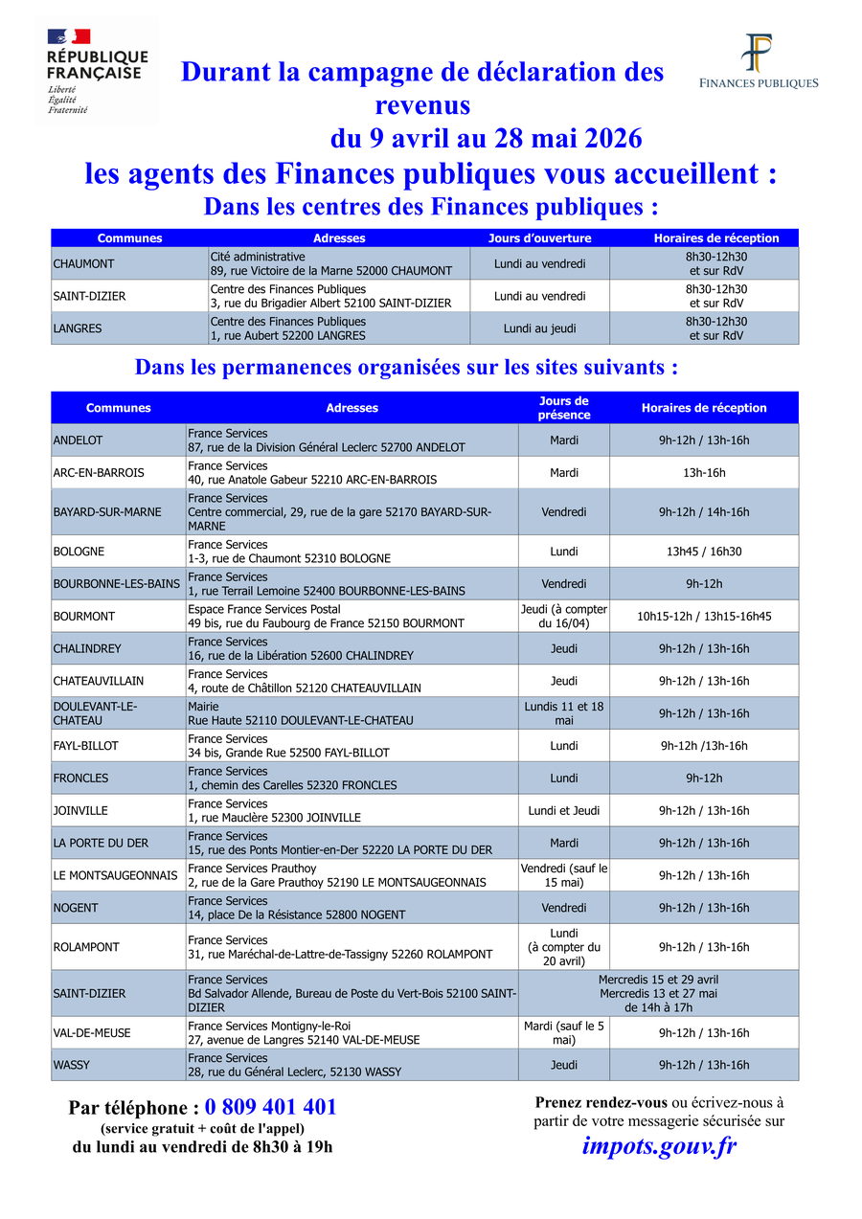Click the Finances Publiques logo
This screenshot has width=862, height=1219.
[x=759, y=62]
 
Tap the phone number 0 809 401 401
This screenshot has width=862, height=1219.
[x=270, y=1107]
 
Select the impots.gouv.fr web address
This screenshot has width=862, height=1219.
[x=659, y=1145]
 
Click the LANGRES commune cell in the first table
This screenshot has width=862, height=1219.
[x=129, y=328]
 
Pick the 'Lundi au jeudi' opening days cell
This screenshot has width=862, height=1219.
[x=539, y=328]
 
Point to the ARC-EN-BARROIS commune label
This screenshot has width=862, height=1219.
[x=118, y=473]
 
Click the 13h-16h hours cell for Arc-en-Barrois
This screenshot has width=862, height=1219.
[x=703, y=473]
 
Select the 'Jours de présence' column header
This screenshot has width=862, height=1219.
[x=563, y=408]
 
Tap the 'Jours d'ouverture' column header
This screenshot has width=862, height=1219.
[x=539, y=238]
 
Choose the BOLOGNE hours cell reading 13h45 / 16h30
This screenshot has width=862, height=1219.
[x=703, y=552]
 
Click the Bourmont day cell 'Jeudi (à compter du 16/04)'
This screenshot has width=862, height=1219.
[x=563, y=616]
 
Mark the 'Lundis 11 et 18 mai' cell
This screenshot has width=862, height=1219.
[x=563, y=713]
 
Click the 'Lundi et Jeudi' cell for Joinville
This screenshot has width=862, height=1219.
[x=563, y=811]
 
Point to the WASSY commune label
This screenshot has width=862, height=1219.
[x=118, y=1065]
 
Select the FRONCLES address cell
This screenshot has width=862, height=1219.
[x=352, y=779]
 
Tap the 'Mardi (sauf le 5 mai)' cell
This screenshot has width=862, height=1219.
[x=563, y=1032]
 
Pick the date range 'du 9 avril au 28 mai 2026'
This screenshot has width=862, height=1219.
[x=487, y=139]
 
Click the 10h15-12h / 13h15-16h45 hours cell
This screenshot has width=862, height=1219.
[x=703, y=616]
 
